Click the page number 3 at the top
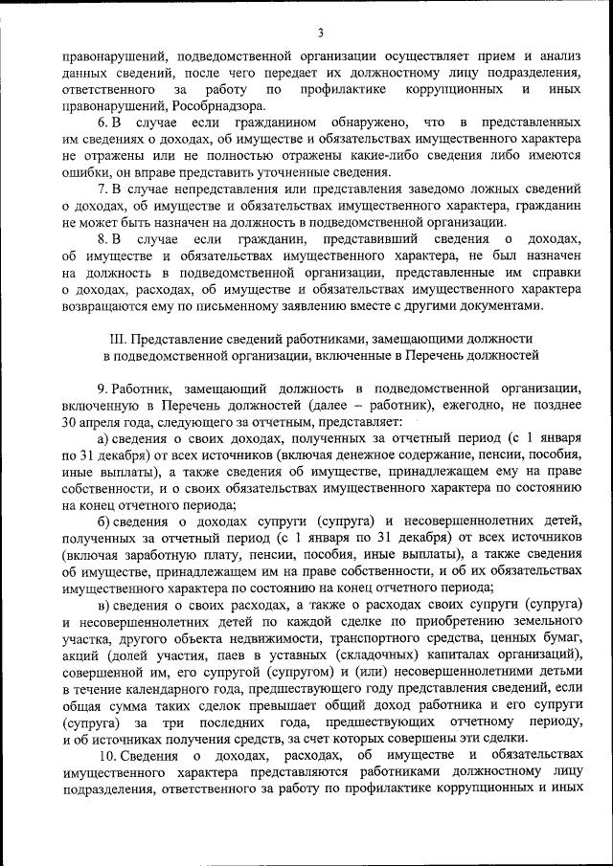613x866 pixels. click(x=321, y=34)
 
